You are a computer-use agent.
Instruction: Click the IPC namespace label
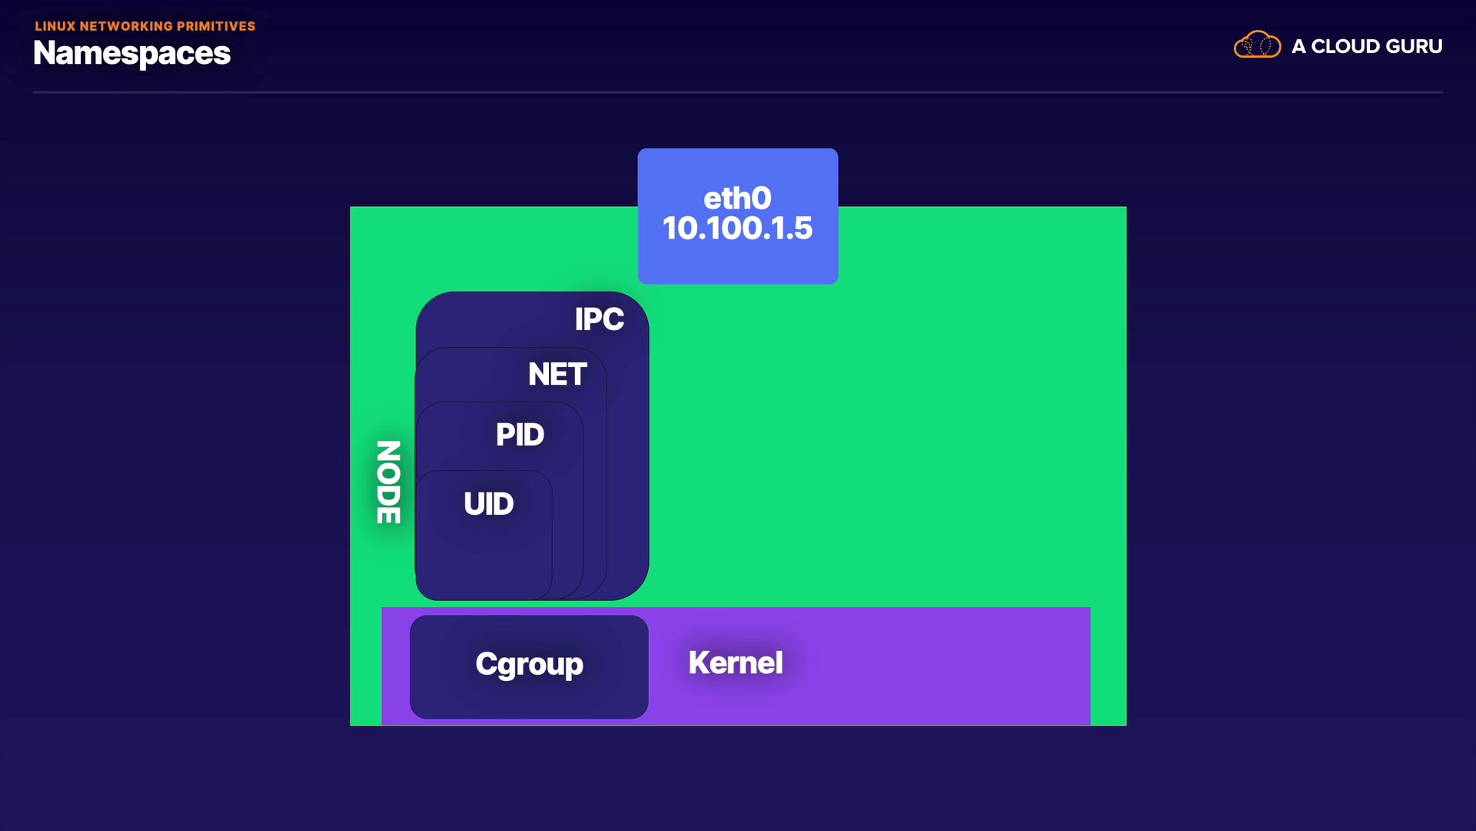pos(599,319)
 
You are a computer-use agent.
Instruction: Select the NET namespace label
pos(557,375)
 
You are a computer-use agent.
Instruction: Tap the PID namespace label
pos(520,435)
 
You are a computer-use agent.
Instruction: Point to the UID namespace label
pos(488,504)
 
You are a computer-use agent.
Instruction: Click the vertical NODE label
pos(388,482)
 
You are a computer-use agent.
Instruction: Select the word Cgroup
pos(529,664)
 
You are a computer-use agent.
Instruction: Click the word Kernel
pos(735,663)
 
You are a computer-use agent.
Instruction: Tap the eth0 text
pos(737,199)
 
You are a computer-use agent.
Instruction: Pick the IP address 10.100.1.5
pos(737,229)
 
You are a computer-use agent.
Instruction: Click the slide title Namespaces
pos(132,53)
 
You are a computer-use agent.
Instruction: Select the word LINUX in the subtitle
pos(55,26)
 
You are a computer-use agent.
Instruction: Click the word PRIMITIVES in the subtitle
pos(216,26)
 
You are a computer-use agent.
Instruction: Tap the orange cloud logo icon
pos(1257,45)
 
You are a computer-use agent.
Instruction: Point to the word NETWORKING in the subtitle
pos(126,26)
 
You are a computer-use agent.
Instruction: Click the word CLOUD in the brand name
pos(1345,47)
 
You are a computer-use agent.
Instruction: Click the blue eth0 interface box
pos(737,262)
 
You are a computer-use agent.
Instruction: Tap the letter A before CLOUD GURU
pos(1298,47)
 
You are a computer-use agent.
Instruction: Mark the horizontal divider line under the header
pos(737,92)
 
